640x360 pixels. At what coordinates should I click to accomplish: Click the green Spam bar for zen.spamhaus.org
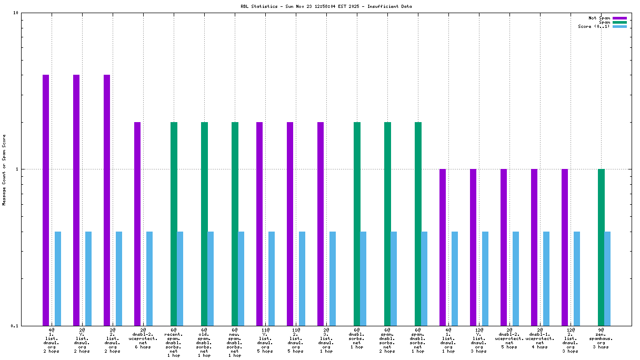(601, 247)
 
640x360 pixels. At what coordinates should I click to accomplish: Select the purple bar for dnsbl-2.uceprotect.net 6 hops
(137, 224)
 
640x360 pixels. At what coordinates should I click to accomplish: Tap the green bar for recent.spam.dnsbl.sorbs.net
(174, 224)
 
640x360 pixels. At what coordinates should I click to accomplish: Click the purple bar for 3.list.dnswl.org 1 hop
(321, 224)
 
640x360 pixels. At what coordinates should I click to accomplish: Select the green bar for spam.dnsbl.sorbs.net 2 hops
(387, 224)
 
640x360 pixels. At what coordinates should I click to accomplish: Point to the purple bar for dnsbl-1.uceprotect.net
(534, 247)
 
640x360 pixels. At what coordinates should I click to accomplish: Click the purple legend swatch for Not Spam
(619, 18)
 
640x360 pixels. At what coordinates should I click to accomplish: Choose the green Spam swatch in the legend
(619, 22)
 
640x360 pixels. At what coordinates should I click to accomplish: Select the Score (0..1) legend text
(594, 26)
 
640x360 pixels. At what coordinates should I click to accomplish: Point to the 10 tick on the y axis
(15, 13)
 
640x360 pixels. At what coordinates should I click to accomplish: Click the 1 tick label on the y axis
(17, 169)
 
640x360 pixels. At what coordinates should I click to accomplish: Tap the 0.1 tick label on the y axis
(15, 325)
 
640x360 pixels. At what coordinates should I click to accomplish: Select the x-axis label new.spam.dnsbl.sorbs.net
(235, 343)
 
